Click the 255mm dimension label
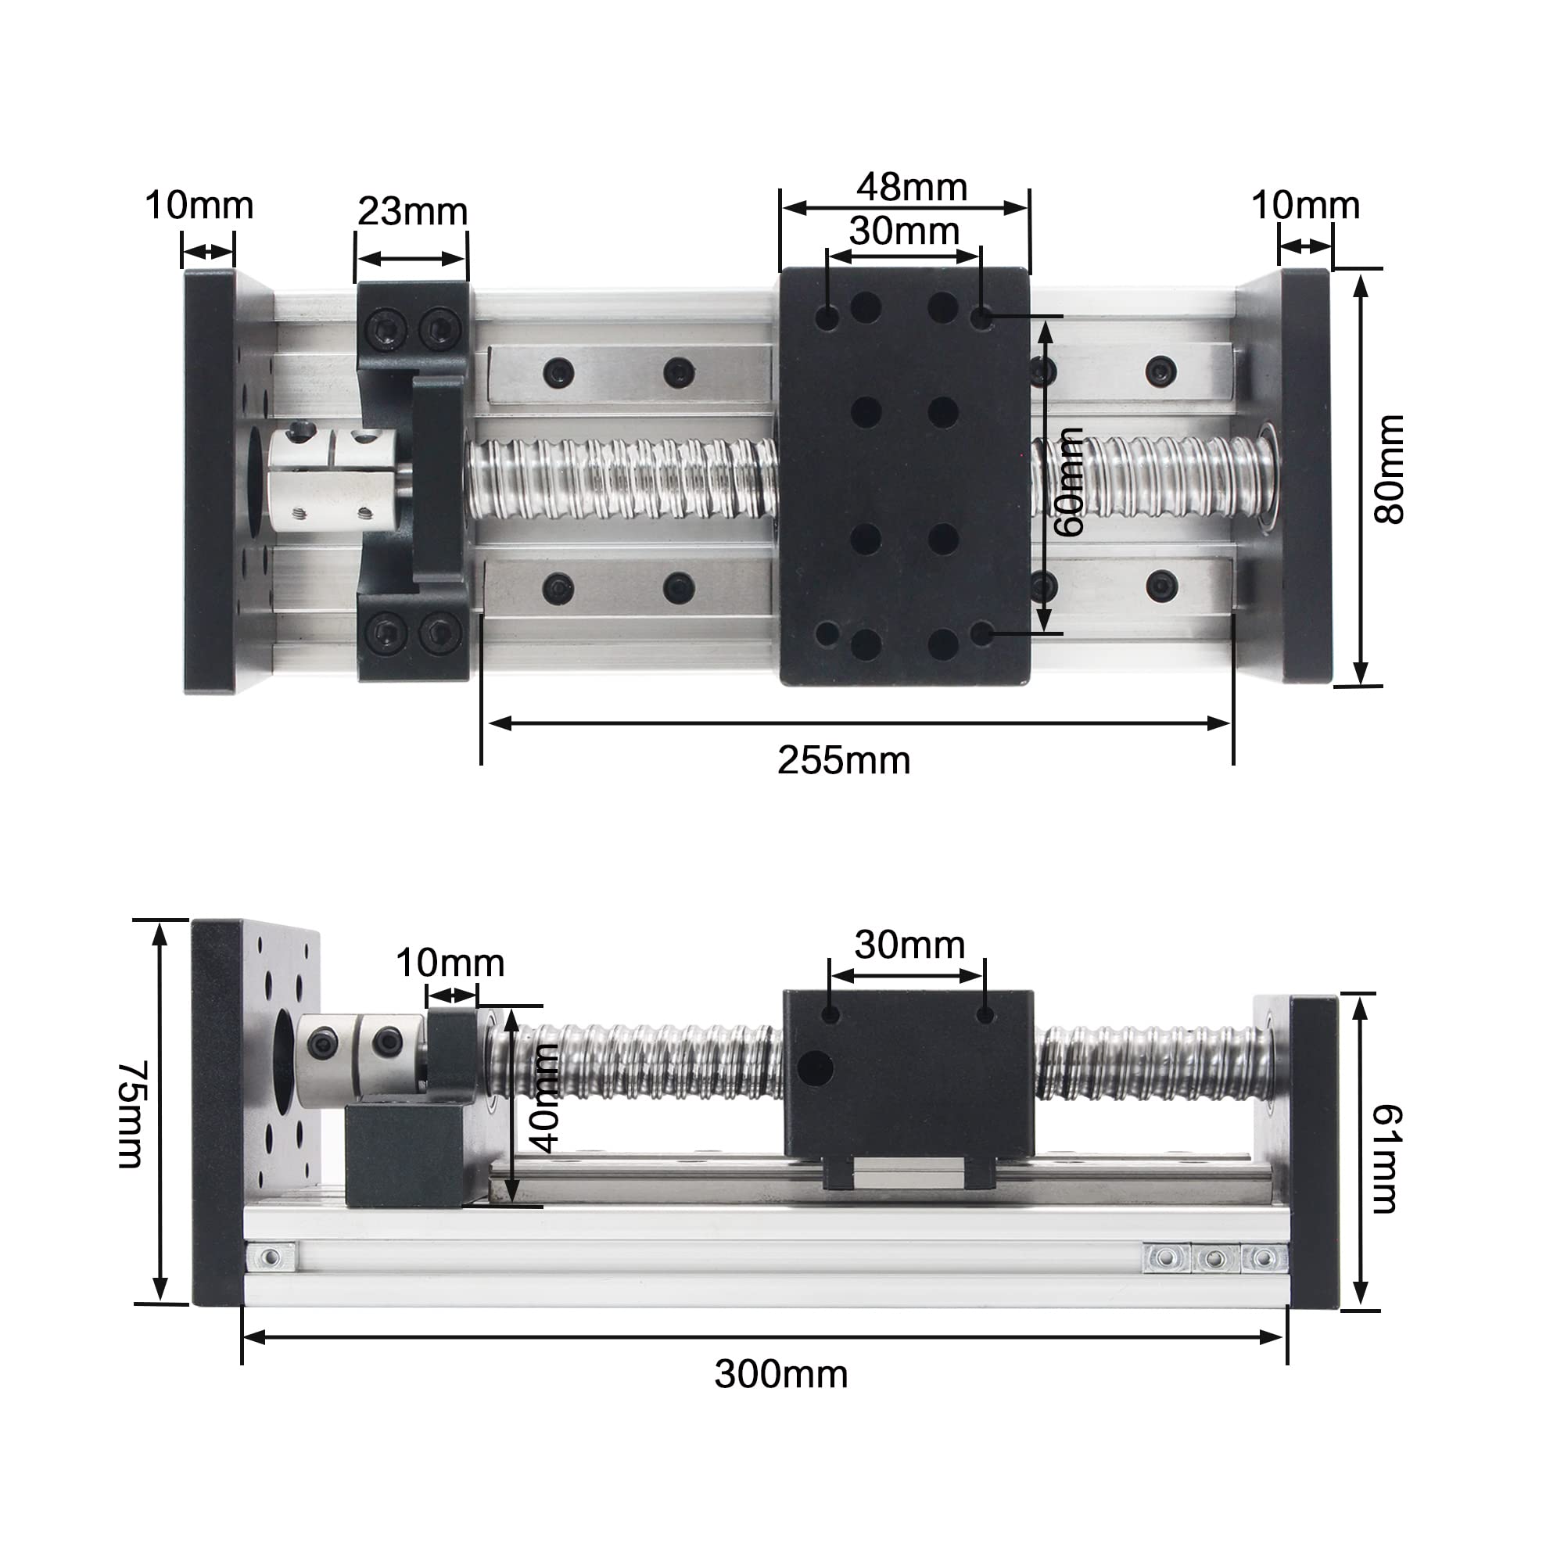coord(844,761)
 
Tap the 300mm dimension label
coord(781,1375)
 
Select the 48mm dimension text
coord(912,187)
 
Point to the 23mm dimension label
coord(412,212)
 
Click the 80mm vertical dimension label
coord(1389,468)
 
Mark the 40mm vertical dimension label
coord(546,1098)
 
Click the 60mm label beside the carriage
coord(1069,482)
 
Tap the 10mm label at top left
coord(199,206)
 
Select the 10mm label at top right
coord(1305,206)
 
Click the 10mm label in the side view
coord(450,963)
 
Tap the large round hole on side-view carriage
coord(814,1068)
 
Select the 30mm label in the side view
coord(909,945)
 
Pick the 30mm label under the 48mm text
coord(903,231)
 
